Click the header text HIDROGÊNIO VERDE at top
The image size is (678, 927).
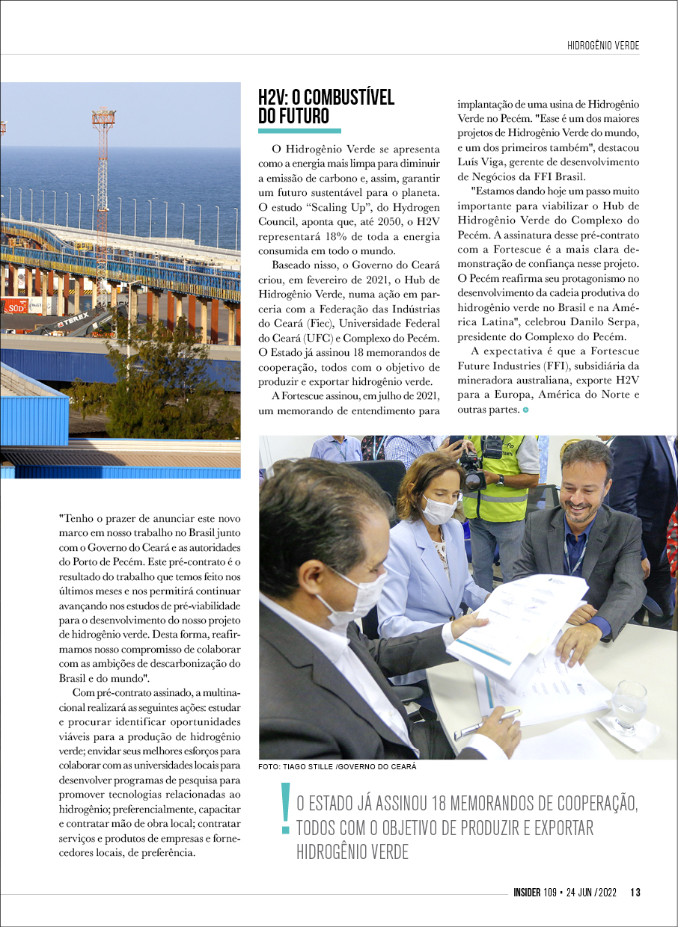coord(603,46)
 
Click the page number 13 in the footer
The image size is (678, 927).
coord(635,892)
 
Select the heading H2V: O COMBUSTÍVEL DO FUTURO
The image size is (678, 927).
coord(326,107)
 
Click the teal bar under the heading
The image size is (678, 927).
coord(299,131)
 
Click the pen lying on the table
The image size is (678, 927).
coord(487,724)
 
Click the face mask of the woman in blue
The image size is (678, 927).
coord(439,511)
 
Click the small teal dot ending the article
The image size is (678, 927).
coord(526,410)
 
